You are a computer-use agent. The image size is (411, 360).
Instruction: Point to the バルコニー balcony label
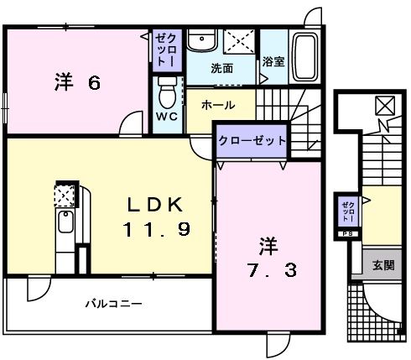(112, 303)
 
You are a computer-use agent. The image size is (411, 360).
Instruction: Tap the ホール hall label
(218, 106)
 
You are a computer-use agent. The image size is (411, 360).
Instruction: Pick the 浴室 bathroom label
(273, 60)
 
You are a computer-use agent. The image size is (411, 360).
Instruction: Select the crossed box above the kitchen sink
(65, 195)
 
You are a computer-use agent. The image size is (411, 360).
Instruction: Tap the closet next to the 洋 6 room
(164, 51)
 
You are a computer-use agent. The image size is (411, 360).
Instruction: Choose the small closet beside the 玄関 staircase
(347, 211)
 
